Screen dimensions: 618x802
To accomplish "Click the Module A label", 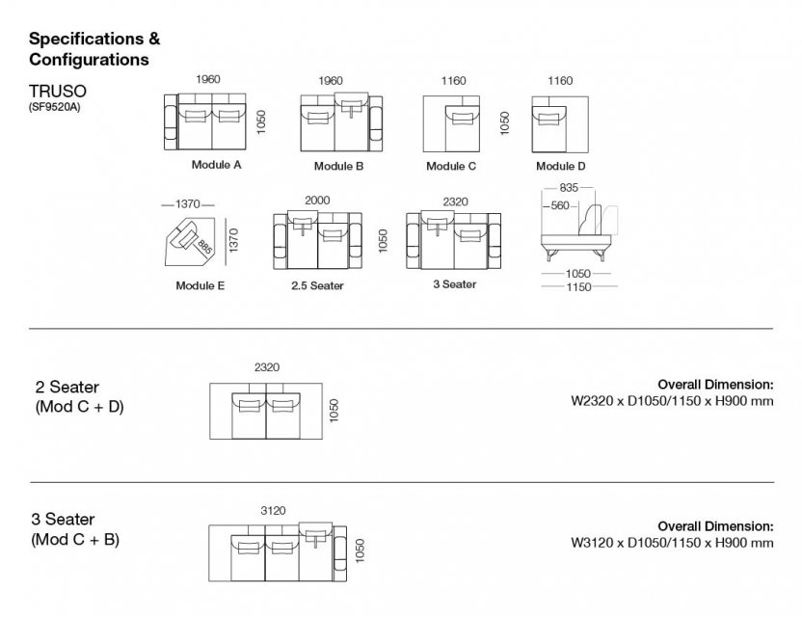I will (216, 165).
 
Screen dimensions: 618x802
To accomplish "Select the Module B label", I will (338, 166).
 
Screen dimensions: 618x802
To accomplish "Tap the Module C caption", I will (451, 166).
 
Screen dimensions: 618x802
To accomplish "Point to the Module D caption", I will (560, 166).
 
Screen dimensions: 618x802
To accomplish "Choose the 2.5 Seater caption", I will (317, 285).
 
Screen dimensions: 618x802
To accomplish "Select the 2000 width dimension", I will (316, 200).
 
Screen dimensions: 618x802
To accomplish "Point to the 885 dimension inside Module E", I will (204, 247).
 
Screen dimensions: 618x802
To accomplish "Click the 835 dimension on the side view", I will (568, 189).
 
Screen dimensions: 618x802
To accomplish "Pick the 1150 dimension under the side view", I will (578, 286).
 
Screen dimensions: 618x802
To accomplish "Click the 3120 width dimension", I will (274, 511).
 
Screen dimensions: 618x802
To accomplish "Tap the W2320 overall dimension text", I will (673, 400).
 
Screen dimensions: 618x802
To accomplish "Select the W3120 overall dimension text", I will (673, 543).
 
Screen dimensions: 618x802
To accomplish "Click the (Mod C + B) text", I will (76, 539).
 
